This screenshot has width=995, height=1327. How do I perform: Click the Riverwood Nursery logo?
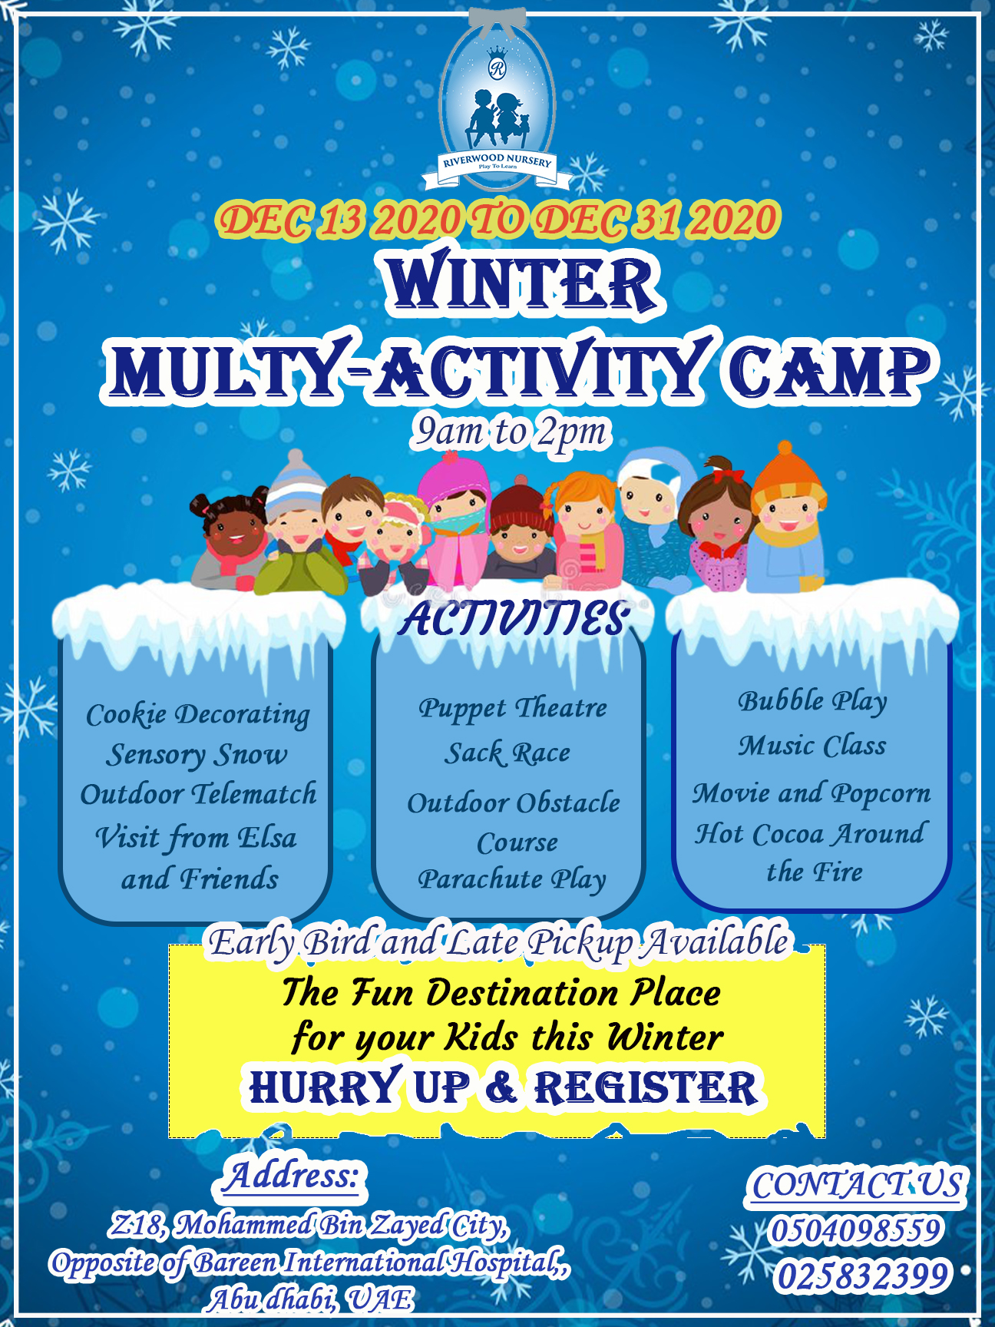pyautogui.click(x=497, y=103)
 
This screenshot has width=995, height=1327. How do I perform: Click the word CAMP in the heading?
pyautogui.click(x=826, y=371)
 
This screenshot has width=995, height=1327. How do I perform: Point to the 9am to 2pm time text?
pyautogui.click(x=511, y=432)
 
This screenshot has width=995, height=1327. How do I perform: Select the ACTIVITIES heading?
pyautogui.click(x=514, y=619)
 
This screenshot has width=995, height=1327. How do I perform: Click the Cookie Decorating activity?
pyautogui.click(x=198, y=715)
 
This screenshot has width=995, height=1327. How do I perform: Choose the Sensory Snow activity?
pyautogui.click(x=197, y=755)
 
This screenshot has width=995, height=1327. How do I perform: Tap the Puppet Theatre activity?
pyautogui.click(x=512, y=708)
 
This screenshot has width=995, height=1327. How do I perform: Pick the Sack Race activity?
pyautogui.click(x=507, y=753)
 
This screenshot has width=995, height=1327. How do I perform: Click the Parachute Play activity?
pyautogui.click(x=512, y=879)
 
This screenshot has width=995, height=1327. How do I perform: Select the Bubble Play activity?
pyautogui.click(x=812, y=700)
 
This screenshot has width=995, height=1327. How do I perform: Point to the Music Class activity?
pyautogui.click(x=812, y=746)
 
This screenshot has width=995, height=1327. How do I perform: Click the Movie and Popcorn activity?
pyautogui.click(x=812, y=793)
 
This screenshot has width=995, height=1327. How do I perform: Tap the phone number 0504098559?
pyautogui.click(x=855, y=1230)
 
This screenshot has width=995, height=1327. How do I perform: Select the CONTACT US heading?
pyautogui.click(x=856, y=1185)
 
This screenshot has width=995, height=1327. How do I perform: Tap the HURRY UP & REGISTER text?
pyautogui.click(x=504, y=1087)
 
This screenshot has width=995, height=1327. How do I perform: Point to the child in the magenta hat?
pyautogui.click(x=455, y=522)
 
